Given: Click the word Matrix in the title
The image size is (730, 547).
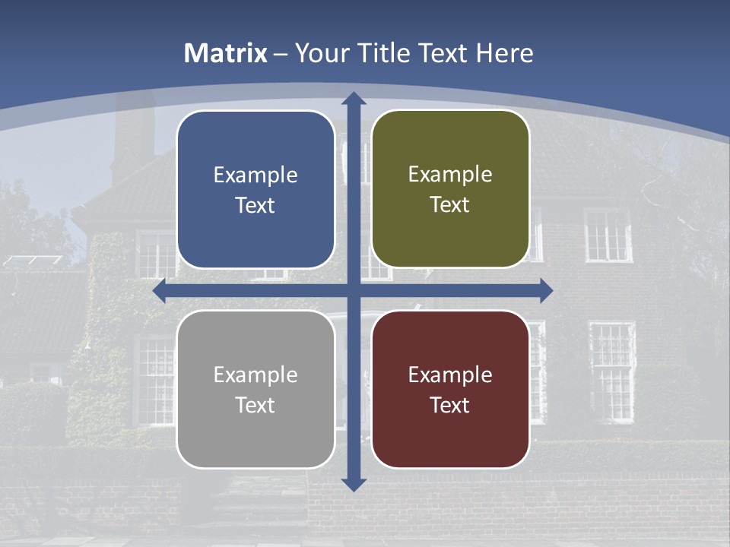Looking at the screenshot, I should pyautogui.click(x=226, y=53).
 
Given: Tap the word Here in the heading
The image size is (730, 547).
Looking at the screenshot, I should pyautogui.click(x=504, y=53).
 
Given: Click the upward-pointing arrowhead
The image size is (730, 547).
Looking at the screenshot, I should pyautogui.click(x=354, y=99).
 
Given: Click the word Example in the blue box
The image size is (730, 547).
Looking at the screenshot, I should pyautogui.click(x=255, y=175).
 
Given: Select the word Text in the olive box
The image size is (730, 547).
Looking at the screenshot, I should pyautogui.click(x=450, y=205).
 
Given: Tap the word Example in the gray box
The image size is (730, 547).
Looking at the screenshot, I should pyautogui.click(x=255, y=375).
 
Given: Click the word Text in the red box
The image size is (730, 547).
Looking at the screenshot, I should pyautogui.click(x=450, y=405).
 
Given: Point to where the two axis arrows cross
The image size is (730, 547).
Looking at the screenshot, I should pyautogui.click(x=354, y=291).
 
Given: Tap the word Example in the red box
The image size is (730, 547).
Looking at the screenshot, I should pyautogui.click(x=450, y=375).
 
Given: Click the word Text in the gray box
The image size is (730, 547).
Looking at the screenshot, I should pyautogui.click(x=255, y=405).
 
